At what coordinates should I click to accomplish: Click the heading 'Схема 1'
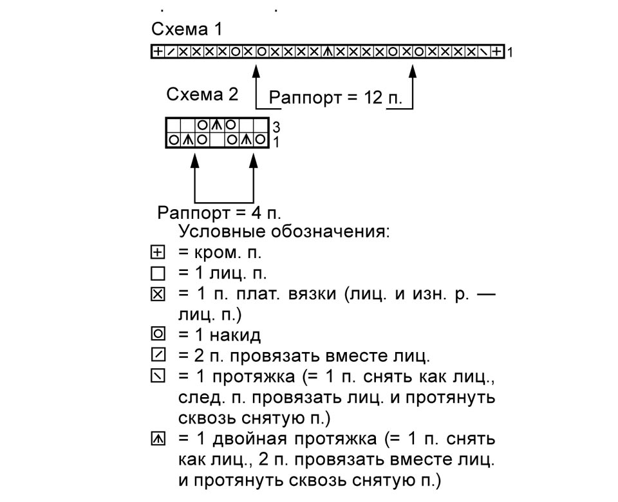(x=187, y=29)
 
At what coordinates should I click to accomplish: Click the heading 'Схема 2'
(x=202, y=94)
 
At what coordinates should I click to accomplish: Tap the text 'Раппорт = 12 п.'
(x=335, y=97)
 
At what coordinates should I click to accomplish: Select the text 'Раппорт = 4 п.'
(x=219, y=213)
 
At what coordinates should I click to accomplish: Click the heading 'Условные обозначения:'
(x=284, y=231)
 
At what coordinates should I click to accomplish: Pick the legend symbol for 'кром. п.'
(x=158, y=252)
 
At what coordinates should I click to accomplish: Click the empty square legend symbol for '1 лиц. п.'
(x=158, y=274)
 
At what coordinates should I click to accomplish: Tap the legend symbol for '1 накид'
(x=158, y=334)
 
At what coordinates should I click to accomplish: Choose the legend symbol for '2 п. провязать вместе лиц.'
(x=158, y=355)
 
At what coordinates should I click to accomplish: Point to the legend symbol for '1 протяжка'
(x=158, y=376)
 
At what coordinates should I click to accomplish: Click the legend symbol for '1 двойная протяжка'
(x=158, y=438)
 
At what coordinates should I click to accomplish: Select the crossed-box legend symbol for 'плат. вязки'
(x=158, y=294)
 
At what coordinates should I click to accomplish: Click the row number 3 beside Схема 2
(x=276, y=127)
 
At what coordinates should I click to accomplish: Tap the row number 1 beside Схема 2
(x=276, y=142)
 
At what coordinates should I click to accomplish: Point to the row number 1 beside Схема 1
(x=510, y=52)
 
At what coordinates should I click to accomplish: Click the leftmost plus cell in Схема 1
(x=158, y=51)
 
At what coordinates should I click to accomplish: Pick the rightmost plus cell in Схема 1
(x=498, y=51)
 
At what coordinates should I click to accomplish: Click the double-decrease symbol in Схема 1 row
(x=327, y=51)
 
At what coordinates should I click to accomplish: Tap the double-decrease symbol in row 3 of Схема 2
(x=216, y=126)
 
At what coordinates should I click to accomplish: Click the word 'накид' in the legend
(x=235, y=335)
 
